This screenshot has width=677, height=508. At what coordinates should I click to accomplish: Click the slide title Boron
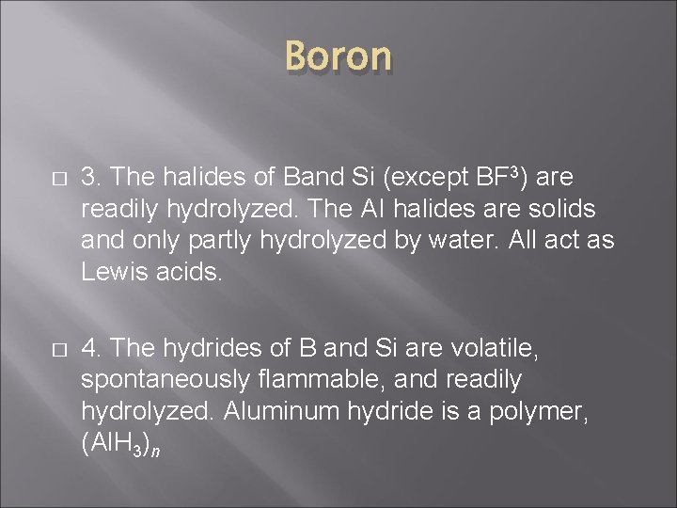point(338,56)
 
